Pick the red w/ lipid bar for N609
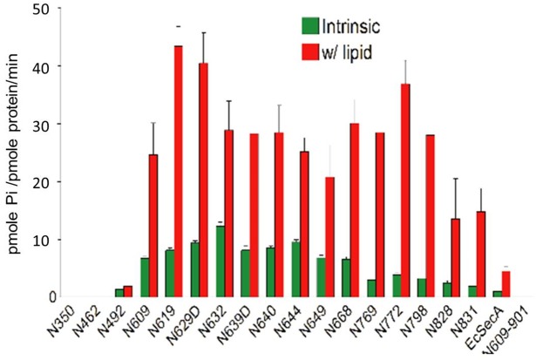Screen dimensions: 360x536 pos(153,226)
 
